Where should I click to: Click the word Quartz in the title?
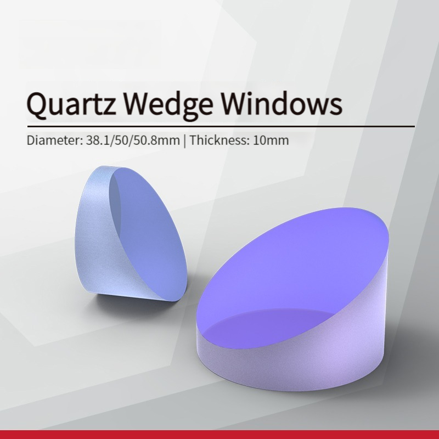coord(71,104)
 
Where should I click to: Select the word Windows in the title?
coord(282,102)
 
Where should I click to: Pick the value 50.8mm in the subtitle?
coord(156,140)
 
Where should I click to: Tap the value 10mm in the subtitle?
coord(271,140)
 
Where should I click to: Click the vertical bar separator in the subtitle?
coord(184,140)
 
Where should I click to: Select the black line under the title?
coord(221,127)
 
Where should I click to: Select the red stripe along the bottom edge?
coord(219,435)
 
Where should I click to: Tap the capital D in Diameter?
coord(31,140)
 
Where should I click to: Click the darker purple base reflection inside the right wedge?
coord(269,328)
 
